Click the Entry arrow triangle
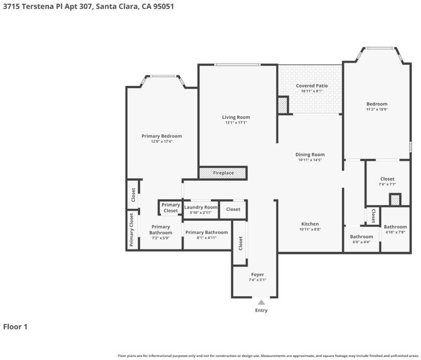click(x=261, y=302)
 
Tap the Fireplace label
click(x=223, y=173)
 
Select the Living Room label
click(x=236, y=117)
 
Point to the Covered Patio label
click(x=312, y=86)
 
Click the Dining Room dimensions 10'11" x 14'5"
click(x=310, y=160)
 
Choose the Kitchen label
click(x=310, y=224)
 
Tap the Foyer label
click(x=257, y=275)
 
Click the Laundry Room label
click(x=201, y=207)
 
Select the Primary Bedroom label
click(x=162, y=136)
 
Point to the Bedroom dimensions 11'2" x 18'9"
click(x=377, y=109)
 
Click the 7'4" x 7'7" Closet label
click(x=387, y=179)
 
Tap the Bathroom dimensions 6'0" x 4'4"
click(x=362, y=242)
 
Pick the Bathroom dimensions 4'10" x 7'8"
click(x=395, y=232)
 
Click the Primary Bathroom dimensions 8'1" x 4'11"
click(x=206, y=238)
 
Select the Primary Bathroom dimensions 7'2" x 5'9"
click(x=161, y=238)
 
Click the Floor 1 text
click(x=16, y=326)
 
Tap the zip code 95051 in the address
click(x=164, y=6)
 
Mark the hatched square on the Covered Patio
click(x=282, y=105)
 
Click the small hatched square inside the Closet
click(x=395, y=200)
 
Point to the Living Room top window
click(x=237, y=64)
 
